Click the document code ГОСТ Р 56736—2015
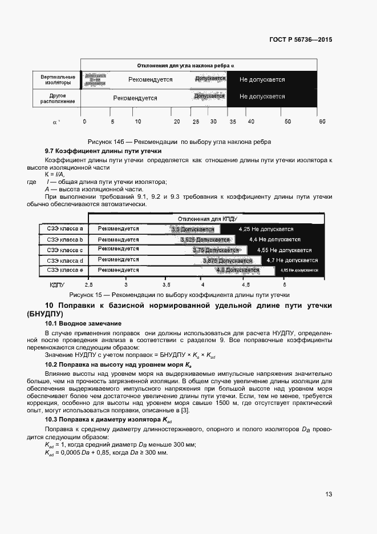click(x=300, y=40)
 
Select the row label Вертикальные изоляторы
click(x=55, y=79)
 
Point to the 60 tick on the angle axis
click(x=322, y=122)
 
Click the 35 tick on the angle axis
click(x=232, y=122)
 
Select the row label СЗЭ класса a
click(x=65, y=228)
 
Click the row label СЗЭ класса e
click(x=65, y=270)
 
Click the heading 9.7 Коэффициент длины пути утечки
click(x=91, y=150)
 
